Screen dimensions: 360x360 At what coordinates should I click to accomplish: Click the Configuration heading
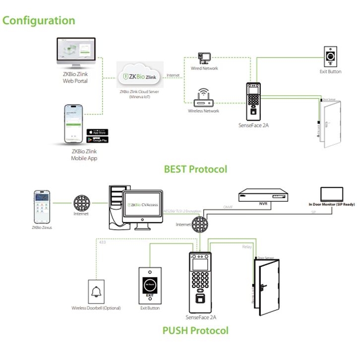tap(39, 20)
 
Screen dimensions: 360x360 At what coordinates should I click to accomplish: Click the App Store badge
tap(97, 132)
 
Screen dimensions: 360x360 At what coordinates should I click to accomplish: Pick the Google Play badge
tap(97, 140)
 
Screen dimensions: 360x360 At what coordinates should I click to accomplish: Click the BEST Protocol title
tap(195, 169)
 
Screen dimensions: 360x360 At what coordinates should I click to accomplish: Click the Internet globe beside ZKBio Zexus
tap(82, 204)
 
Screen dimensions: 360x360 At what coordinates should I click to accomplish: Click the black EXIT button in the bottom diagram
tap(150, 285)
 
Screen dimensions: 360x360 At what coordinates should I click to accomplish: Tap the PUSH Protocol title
tap(195, 330)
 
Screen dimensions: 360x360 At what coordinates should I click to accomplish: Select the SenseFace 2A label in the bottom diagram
tap(200, 317)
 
